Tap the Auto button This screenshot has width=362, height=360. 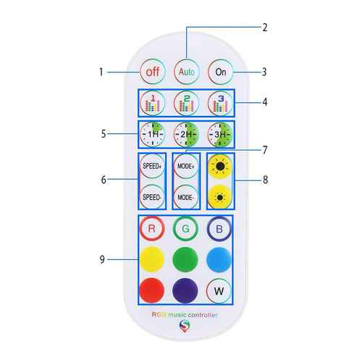187,72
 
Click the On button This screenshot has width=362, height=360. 220,72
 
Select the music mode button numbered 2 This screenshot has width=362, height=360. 187,102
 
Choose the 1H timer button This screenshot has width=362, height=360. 153,134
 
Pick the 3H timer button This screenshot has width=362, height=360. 220,134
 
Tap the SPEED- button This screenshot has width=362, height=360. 152,197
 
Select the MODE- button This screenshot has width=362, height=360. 186,197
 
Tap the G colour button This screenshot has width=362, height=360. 186,228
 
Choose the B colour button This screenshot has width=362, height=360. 220,228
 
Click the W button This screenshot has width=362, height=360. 220,291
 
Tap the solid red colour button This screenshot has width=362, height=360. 152,291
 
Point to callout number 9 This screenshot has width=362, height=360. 101,259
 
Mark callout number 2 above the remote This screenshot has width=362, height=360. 265,28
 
